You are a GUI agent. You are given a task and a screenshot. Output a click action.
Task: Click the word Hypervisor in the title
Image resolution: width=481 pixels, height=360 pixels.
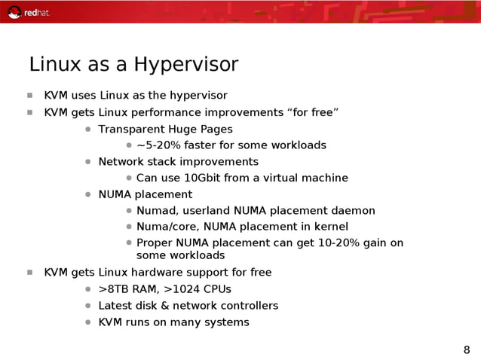[x=185, y=65]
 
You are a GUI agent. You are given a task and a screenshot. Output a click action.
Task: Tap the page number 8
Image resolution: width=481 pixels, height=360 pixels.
[x=466, y=349]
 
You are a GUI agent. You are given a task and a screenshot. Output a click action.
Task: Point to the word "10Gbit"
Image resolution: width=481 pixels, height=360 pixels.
[x=206, y=178]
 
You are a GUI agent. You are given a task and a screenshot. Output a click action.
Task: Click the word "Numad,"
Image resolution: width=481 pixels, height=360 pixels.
[x=157, y=211]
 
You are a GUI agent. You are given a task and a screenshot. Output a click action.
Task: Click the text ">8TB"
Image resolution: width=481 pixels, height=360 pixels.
[x=113, y=289]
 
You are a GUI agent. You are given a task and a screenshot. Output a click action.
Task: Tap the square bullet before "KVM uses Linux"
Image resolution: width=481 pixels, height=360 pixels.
[x=29, y=96]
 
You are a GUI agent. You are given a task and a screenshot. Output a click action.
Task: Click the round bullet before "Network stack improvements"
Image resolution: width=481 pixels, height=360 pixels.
[x=88, y=162]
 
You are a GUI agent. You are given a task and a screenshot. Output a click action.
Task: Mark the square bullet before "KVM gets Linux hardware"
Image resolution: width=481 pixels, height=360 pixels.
[x=29, y=273]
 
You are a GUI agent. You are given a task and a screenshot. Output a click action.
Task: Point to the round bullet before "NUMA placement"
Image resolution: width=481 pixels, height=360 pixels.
[x=88, y=194]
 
